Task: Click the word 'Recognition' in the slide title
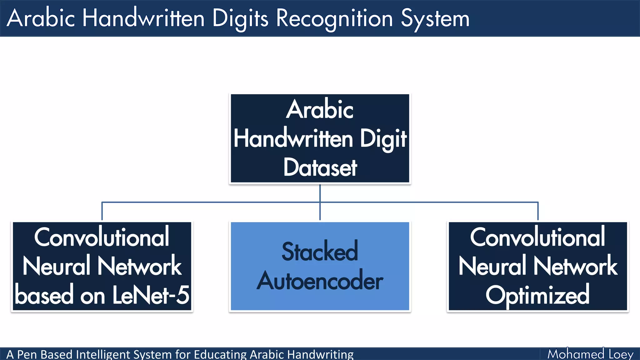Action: tap(334, 19)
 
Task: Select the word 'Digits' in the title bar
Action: tap(240, 19)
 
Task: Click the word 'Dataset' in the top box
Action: tap(320, 168)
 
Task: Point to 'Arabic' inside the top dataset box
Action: tap(320, 110)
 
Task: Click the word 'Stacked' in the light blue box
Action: tap(320, 252)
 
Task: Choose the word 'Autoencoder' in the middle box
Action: tap(320, 281)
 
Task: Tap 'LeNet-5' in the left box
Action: tap(151, 295)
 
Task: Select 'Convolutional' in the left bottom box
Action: tap(102, 237)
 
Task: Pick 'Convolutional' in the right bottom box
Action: tap(537, 237)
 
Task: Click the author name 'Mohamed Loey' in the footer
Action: tap(590, 354)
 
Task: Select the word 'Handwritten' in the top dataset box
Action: tap(293, 139)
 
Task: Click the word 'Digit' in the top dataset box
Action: tap(383, 139)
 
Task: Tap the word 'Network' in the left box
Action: tap(139, 266)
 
